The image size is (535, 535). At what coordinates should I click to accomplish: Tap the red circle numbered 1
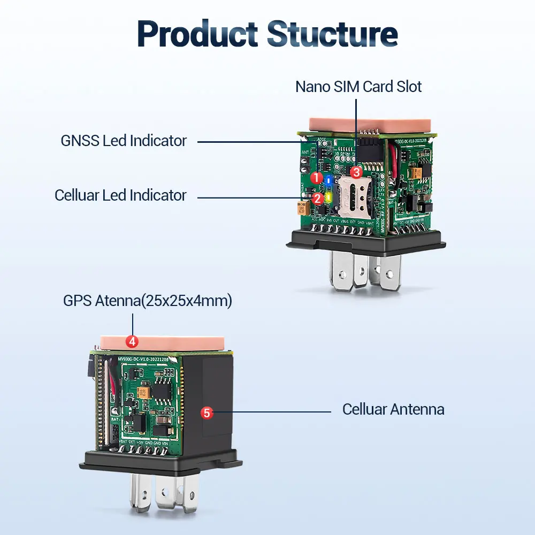[316, 177]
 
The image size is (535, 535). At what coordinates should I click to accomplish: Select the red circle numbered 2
[317, 198]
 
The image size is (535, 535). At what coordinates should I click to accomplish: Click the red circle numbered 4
[132, 340]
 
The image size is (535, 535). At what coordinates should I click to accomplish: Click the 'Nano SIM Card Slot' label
[358, 87]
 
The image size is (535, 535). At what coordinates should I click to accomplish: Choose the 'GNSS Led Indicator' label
[124, 141]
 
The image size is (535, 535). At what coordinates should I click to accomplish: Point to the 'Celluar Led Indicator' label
[120, 195]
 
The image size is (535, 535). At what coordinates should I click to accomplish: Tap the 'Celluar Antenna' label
[393, 410]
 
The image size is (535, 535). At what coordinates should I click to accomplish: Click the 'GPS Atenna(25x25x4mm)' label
[147, 301]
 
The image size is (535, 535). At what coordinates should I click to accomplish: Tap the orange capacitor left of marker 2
[303, 208]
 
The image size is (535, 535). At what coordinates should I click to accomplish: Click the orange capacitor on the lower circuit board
[143, 393]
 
